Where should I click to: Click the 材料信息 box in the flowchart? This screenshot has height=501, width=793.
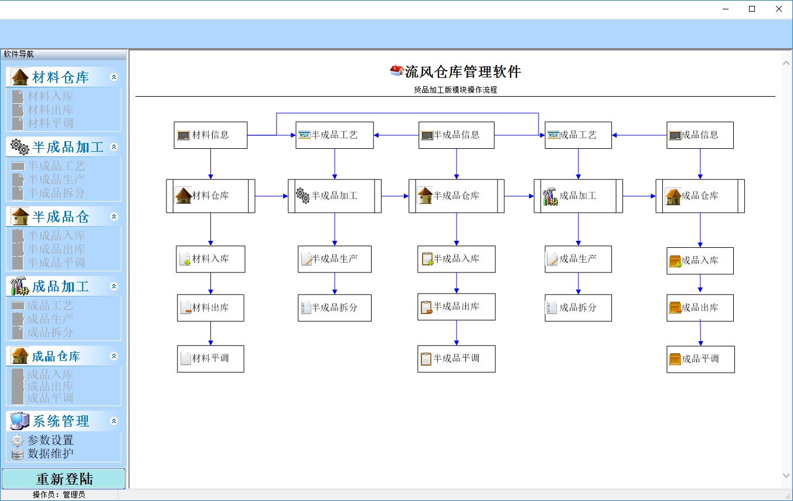(x=210, y=135)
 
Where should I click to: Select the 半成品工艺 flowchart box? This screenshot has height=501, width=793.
(x=334, y=135)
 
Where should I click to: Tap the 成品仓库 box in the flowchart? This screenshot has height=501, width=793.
(x=700, y=196)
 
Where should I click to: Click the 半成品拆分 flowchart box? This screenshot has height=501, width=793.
(x=334, y=308)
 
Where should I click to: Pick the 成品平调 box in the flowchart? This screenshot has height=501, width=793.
(x=700, y=359)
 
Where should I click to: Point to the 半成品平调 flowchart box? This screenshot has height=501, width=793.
(x=456, y=359)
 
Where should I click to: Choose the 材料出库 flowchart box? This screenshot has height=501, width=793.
(x=210, y=308)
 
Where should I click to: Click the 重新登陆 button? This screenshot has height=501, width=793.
(x=64, y=479)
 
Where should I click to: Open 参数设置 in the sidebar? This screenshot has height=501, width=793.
(x=50, y=440)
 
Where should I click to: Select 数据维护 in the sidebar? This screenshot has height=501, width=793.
(x=50, y=454)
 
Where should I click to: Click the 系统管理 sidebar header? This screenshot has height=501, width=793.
(x=60, y=421)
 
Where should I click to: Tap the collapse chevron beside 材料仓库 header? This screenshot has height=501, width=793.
(x=114, y=77)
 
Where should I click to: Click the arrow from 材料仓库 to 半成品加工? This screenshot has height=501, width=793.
(x=271, y=196)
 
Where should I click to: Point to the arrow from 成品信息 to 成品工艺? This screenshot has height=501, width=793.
(x=639, y=135)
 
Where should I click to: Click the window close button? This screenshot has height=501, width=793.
(x=779, y=9)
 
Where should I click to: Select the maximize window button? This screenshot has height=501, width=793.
(x=752, y=9)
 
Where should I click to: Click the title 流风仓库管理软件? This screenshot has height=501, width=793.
(x=462, y=72)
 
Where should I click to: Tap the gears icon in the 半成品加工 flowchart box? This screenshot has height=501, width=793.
(x=302, y=195)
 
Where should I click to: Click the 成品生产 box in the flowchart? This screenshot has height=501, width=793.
(x=578, y=259)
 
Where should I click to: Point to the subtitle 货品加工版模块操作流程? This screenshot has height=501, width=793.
(x=455, y=90)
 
